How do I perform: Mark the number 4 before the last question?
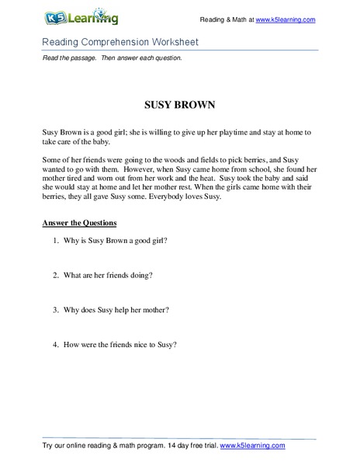[57, 344]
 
